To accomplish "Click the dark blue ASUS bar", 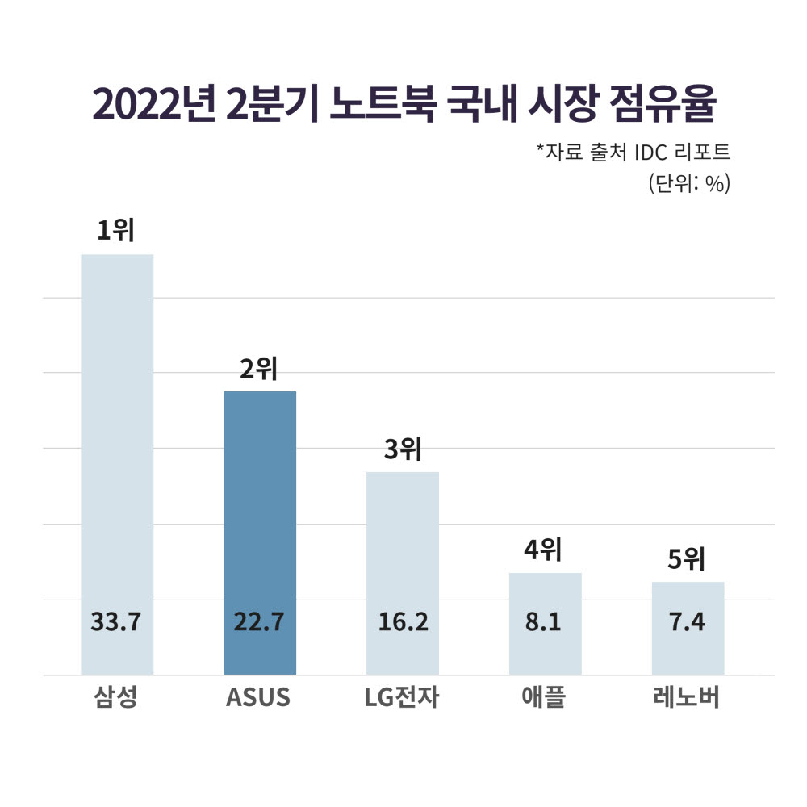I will point(260,500).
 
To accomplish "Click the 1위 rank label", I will point(115,231).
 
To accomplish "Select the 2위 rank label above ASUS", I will point(259,369).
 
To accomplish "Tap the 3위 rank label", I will point(403,449).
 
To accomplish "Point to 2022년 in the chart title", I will point(150,106).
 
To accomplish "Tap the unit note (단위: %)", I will point(688,183).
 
